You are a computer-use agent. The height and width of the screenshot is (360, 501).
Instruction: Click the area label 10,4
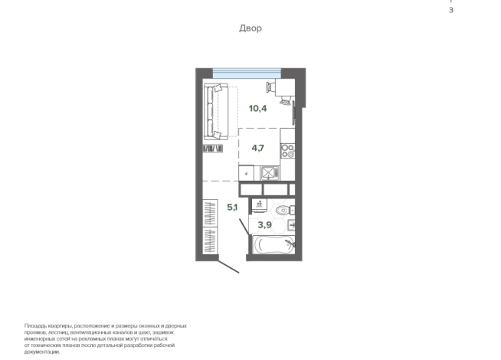pos(258,109)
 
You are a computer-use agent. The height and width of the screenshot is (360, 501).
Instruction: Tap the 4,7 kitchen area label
pos(258,148)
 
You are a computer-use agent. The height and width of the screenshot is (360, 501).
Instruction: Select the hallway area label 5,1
pos(232,208)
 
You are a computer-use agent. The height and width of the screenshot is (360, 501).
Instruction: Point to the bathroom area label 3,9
pos(265,225)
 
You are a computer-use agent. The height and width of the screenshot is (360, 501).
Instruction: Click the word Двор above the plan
pos(250,28)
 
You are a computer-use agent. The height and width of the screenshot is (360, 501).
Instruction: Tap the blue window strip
pos(247,74)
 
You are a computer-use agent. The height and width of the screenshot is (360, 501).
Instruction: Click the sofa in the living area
pos(216,112)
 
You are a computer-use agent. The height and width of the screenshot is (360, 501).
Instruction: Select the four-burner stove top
pos(287,151)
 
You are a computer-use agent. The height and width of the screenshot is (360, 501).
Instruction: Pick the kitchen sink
pos(270,173)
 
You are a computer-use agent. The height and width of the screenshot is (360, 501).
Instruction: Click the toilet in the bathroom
pos(285,211)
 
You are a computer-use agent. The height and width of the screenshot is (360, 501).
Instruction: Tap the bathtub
pos(273,244)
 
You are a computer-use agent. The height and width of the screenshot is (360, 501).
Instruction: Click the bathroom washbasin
pos(291,225)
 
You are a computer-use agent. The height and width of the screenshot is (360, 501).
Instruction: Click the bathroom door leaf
pos(244,227)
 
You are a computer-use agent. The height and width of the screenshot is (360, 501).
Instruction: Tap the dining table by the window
pos(285,87)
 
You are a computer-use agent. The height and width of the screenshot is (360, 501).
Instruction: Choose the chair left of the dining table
pos(270,87)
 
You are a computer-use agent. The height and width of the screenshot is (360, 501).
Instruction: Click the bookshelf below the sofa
pos(213,149)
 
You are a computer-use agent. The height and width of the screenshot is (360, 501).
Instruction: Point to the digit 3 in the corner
pos(451,10)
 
